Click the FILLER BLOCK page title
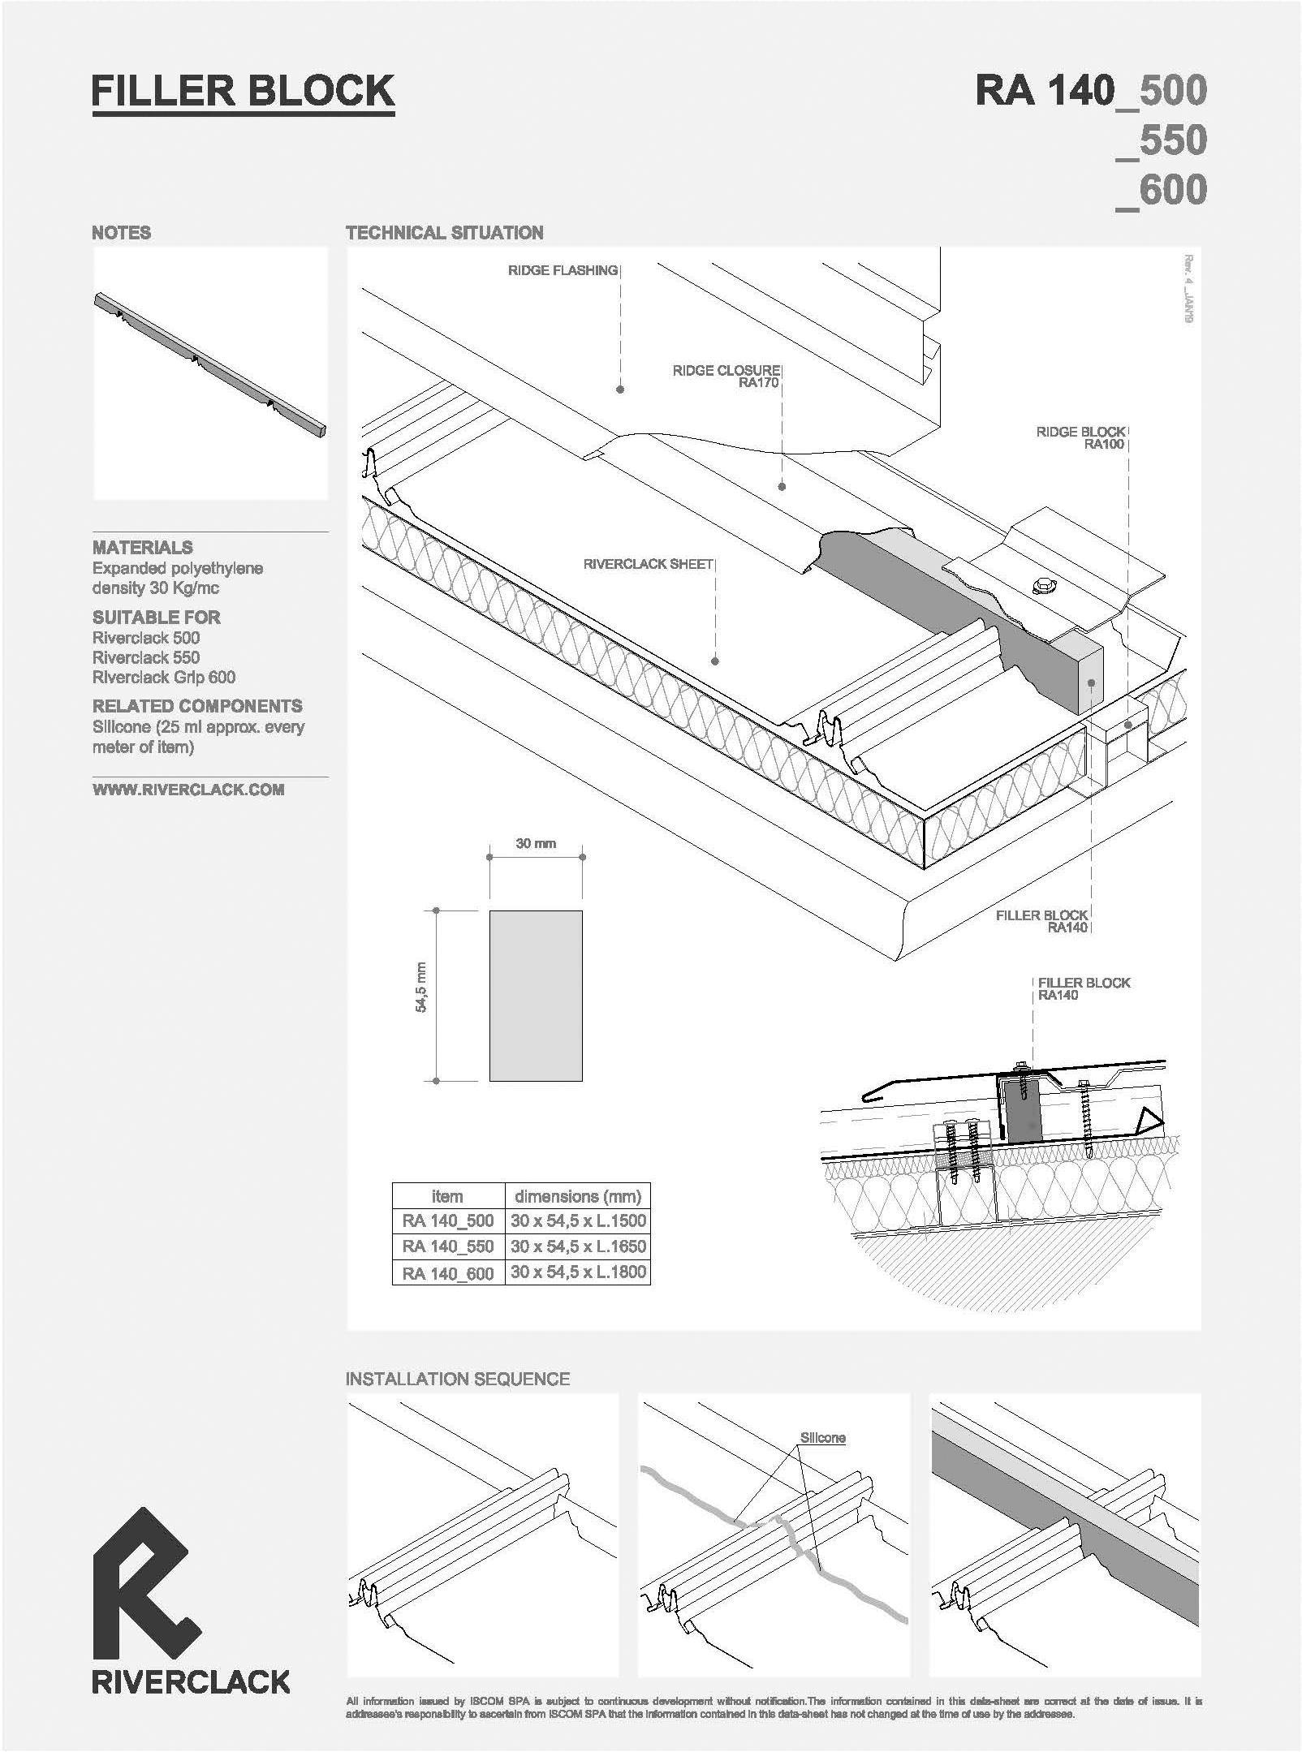pos(243,91)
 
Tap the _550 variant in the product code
pos(1162,140)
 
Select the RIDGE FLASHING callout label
pos(563,270)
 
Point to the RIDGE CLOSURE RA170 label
pos(726,377)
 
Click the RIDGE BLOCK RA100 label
pos(1080,438)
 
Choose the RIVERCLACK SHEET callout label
pos(648,563)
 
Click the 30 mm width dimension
pos(536,843)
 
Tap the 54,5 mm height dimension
pos(420,987)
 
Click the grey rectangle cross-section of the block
pos(536,996)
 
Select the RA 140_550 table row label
pos(447,1246)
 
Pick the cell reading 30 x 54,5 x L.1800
pos(578,1272)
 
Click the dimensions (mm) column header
pos(578,1196)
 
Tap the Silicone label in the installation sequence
pos(822,1438)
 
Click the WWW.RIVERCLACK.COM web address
pos(188,790)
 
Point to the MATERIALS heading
pos(143,547)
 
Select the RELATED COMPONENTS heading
pos(197,706)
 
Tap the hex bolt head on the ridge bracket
pos(1040,584)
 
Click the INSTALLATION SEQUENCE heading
pos(458,1379)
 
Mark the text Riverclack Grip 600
pos(164,677)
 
